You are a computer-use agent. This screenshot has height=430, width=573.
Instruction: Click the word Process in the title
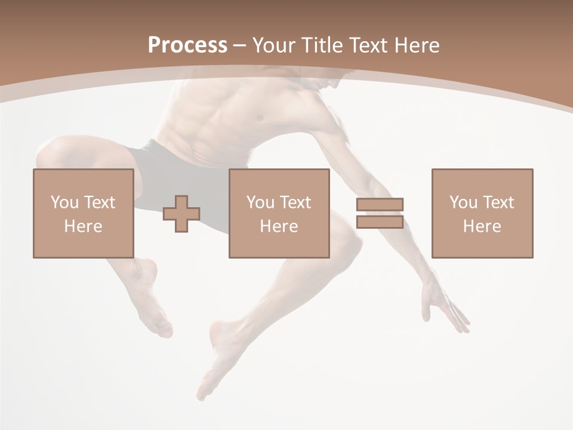(x=187, y=45)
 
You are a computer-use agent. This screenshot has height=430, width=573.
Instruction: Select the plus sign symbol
(x=181, y=213)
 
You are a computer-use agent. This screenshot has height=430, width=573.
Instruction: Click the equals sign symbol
(x=380, y=213)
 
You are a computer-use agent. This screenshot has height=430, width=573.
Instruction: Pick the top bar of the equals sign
(x=380, y=204)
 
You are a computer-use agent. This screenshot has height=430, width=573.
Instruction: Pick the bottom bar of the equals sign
(x=380, y=222)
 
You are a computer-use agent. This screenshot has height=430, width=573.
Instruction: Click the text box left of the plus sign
(x=83, y=213)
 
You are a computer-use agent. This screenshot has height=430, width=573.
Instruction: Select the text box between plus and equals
(x=279, y=213)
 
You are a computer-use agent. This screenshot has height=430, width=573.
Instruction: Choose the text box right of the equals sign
(x=482, y=213)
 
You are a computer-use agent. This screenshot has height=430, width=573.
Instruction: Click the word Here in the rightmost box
(x=482, y=226)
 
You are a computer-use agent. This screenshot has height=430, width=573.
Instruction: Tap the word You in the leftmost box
(x=64, y=202)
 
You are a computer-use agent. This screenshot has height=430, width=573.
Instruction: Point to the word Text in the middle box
(x=295, y=202)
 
